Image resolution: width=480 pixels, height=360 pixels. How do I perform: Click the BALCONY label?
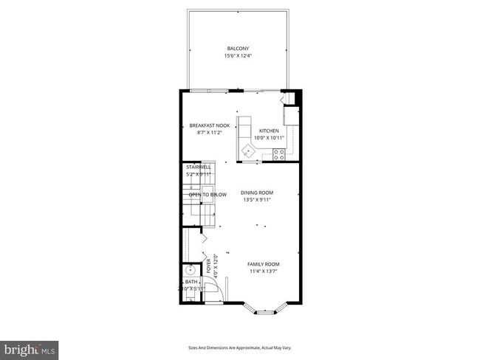click(x=238, y=49)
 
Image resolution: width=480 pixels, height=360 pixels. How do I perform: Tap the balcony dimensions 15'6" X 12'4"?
click(x=238, y=56)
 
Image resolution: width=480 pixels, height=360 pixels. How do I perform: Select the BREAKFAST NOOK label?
click(x=210, y=125)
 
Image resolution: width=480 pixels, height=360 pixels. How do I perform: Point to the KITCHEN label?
click(x=269, y=131)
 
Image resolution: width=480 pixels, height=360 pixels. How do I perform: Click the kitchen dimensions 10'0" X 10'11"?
click(x=269, y=138)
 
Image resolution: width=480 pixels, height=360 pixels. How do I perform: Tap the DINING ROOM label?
click(x=257, y=193)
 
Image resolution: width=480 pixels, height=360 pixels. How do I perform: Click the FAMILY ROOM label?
click(x=263, y=264)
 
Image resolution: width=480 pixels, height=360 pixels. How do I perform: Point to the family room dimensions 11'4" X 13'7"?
click(x=263, y=271)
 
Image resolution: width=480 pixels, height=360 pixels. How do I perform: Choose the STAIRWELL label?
click(x=198, y=167)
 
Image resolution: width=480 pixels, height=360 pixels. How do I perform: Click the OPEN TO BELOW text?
click(x=208, y=194)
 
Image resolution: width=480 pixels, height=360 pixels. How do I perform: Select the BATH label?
click(x=191, y=281)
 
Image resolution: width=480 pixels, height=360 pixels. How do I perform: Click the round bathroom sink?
click(x=189, y=270)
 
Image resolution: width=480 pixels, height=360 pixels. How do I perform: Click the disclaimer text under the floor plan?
click(x=239, y=347)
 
